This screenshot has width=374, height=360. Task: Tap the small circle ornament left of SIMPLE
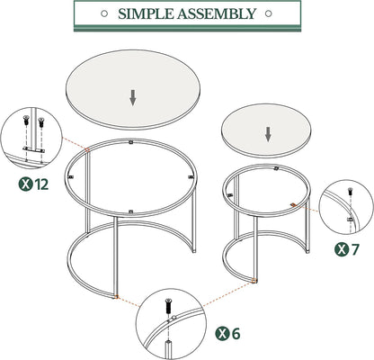click(x=106, y=14)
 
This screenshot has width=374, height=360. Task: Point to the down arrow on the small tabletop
click(x=268, y=134)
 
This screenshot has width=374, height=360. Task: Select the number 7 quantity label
click(x=358, y=248)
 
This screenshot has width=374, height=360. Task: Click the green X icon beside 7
click(x=342, y=248)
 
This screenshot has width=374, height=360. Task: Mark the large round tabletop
click(x=133, y=88)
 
